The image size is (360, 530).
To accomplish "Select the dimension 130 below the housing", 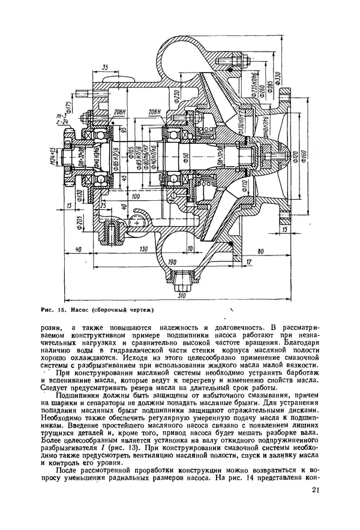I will tap(143, 249).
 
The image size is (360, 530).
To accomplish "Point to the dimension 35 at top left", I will tap(106, 68).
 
